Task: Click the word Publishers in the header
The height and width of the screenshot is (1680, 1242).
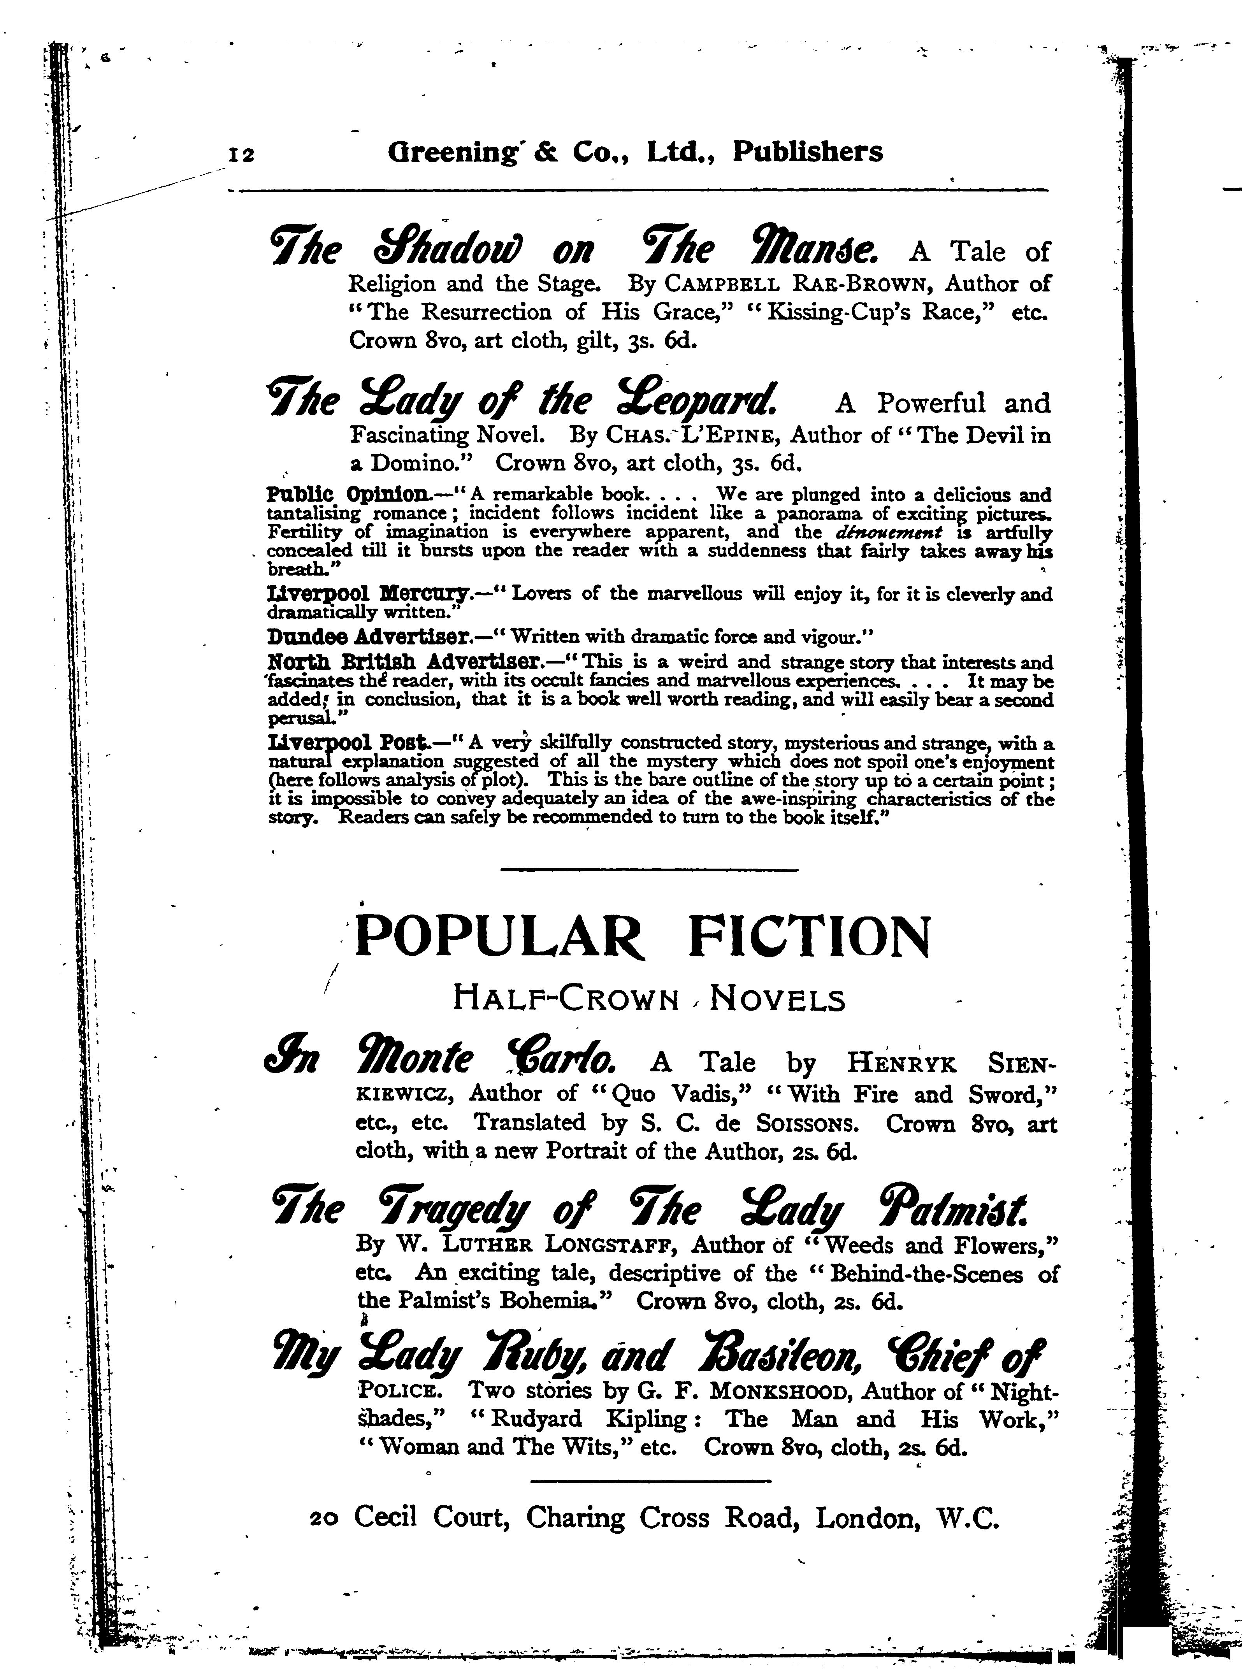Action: pyautogui.click(x=808, y=153)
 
